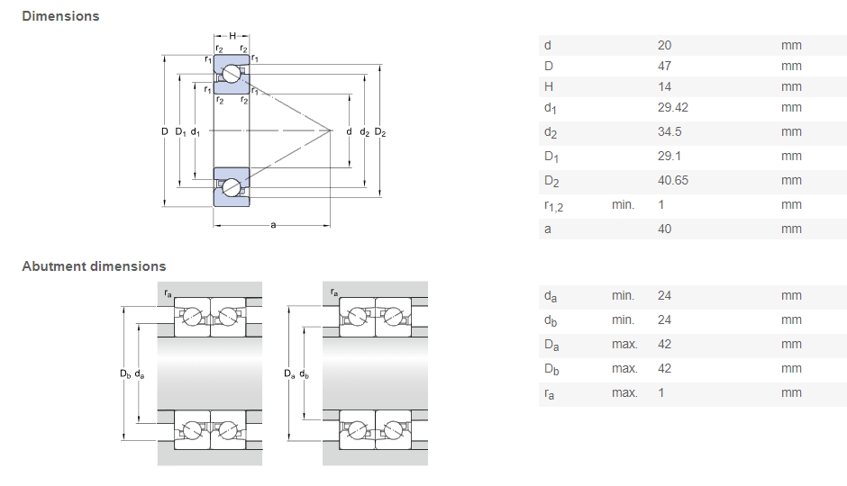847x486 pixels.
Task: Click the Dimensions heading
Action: point(60,16)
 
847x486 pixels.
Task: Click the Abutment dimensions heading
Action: point(94,266)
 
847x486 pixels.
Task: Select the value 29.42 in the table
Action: point(673,108)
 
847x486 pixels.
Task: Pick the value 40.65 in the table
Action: point(673,181)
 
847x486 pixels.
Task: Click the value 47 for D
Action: point(665,66)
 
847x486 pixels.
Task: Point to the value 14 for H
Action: point(664,87)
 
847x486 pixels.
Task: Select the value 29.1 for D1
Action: point(669,157)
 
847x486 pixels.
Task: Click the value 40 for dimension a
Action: point(665,229)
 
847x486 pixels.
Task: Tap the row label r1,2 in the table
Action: point(553,206)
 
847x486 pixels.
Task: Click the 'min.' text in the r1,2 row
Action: point(623,205)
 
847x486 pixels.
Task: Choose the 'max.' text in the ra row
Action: point(624,393)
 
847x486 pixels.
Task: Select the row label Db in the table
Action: point(551,369)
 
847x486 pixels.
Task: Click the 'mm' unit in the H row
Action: point(791,87)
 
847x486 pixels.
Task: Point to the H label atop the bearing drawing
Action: point(232,36)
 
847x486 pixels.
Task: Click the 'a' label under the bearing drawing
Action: point(272,225)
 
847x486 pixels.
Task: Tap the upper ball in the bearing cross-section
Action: point(232,75)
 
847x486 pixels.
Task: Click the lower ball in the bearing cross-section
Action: point(232,187)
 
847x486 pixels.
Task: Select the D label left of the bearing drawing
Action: point(165,132)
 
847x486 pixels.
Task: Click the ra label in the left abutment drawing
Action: point(168,293)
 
